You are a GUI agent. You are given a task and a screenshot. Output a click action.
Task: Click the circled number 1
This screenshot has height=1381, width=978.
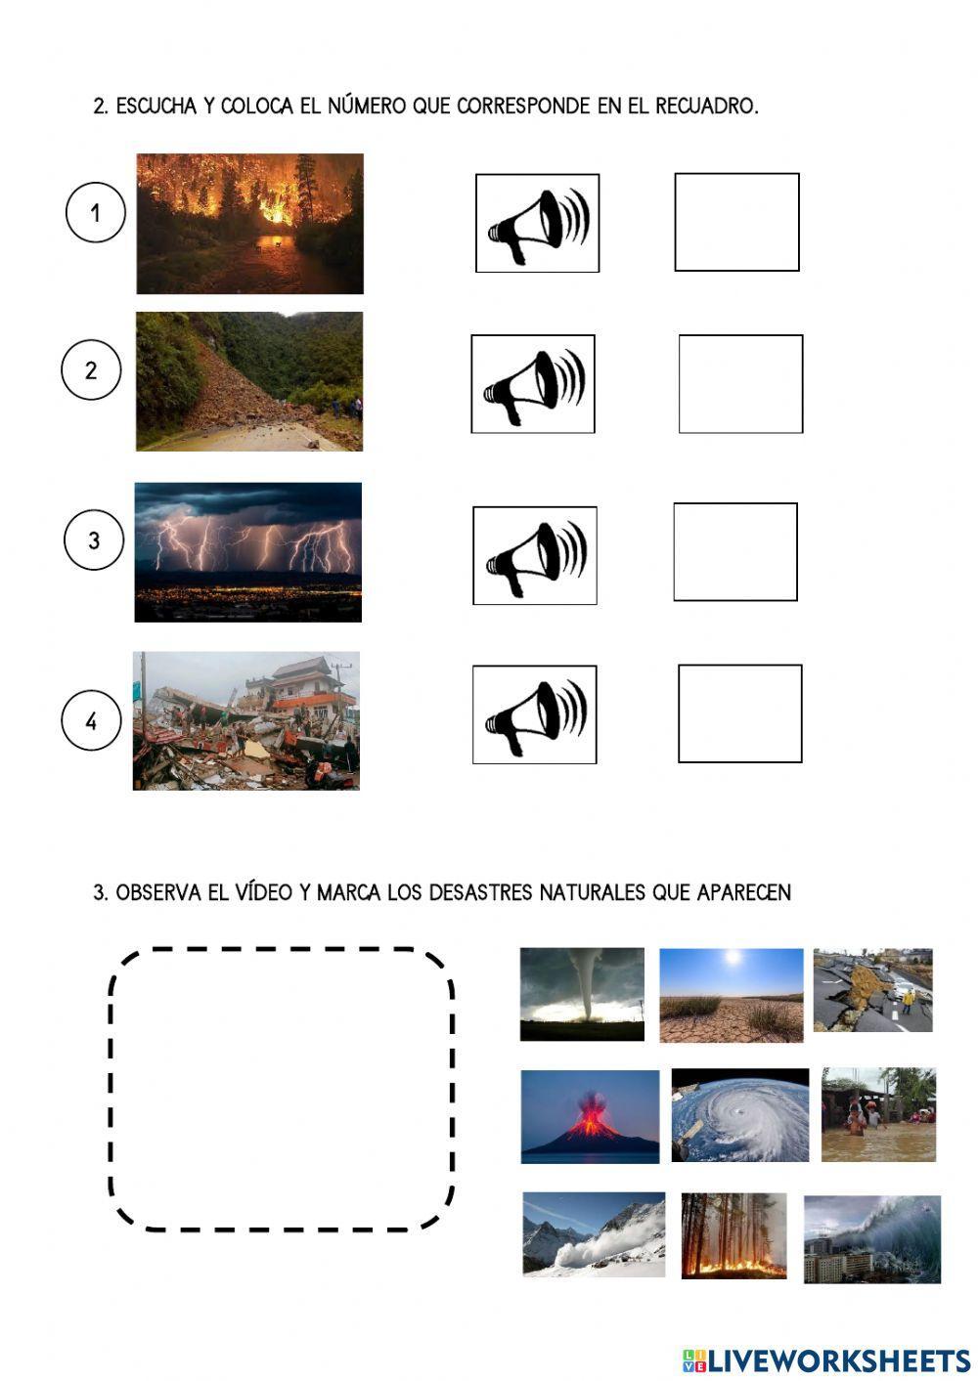point(95,213)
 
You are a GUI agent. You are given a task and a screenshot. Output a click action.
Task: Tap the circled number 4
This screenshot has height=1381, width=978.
point(91,721)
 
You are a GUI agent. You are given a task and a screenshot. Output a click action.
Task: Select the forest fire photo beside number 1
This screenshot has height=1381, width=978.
point(249,224)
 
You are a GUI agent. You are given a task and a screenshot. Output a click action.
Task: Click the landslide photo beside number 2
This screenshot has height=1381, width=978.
point(248,381)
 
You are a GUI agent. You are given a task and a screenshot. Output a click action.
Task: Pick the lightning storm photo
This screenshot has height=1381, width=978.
point(247,552)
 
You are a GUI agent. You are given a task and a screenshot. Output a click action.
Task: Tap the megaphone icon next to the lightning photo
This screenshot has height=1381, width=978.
point(535,555)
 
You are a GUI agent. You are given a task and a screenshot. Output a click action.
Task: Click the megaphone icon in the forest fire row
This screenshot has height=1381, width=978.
point(537,223)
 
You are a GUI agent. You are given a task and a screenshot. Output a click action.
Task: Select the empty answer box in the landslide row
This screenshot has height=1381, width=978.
point(740,384)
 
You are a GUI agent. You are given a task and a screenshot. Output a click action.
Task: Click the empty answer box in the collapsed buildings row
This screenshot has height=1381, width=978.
point(739,713)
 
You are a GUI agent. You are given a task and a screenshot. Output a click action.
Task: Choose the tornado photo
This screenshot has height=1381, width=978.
point(582,994)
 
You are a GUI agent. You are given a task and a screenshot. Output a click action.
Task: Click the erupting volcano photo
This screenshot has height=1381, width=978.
point(590,1116)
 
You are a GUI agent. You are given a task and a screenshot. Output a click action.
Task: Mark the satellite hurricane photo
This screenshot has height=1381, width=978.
point(740,1115)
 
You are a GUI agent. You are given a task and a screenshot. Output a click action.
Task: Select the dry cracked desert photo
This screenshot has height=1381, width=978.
point(731,995)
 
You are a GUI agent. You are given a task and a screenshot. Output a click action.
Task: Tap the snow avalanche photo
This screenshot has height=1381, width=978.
point(594,1234)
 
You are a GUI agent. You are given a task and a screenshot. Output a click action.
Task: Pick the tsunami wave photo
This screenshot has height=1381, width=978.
point(871,1238)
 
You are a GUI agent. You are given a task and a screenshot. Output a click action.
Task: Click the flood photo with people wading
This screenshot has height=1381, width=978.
point(878,1114)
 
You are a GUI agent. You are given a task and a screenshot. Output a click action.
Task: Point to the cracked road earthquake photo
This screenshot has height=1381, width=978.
point(872,990)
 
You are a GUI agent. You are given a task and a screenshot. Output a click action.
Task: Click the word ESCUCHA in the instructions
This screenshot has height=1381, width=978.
point(156,106)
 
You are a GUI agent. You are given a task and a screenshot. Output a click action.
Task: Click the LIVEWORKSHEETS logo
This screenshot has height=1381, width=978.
point(825,1359)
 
